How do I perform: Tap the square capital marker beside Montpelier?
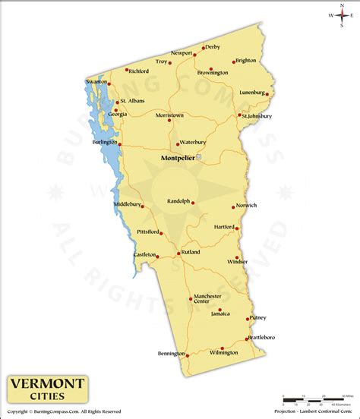coord(199,157)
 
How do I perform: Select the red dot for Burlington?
coord(119,142)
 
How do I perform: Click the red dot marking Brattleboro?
coord(248,338)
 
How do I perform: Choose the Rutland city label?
coord(190,252)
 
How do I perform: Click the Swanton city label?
coord(96,80)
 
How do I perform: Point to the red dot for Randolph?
coord(193,203)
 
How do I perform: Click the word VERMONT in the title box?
coord(47,383)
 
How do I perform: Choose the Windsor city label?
coord(238,262)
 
